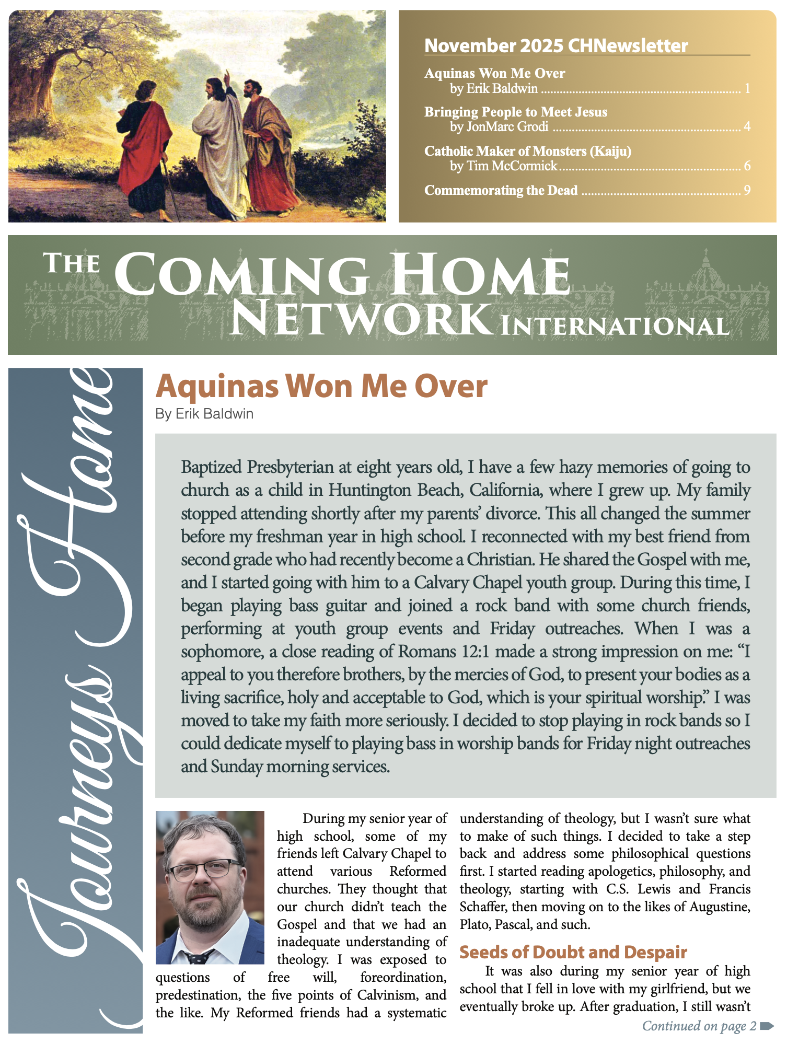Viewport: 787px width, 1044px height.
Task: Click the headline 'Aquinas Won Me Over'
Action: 321,387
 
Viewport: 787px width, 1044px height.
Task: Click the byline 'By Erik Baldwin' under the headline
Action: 204,414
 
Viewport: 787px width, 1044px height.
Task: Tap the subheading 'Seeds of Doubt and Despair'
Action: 573,952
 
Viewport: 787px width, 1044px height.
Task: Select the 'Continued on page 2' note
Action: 699,1026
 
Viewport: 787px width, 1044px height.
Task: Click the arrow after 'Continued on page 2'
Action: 767,1026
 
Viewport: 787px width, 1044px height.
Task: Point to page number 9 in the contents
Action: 747,190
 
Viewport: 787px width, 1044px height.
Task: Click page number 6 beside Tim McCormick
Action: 747,166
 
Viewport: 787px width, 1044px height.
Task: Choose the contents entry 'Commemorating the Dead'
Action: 501,190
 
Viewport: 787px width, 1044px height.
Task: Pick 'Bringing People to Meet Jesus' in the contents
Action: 515,112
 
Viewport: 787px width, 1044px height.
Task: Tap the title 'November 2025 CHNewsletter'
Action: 556,46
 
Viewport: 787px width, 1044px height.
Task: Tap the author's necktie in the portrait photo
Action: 199,957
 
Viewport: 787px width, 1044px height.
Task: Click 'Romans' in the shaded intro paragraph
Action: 427,652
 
